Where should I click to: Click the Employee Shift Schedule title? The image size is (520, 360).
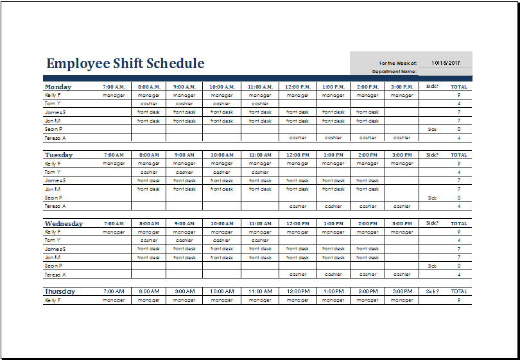coord(125,64)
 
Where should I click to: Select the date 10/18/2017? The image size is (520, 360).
coord(446,63)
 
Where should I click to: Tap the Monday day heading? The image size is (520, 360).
coord(58,87)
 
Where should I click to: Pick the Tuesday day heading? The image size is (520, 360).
coord(58,155)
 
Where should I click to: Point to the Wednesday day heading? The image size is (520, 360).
coord(64,223)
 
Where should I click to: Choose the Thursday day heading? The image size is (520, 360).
coord(60,291)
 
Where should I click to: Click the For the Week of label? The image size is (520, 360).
coord(398,64)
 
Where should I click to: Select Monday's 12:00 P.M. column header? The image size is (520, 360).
coord(297,87)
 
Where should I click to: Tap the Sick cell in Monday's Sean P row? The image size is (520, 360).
coord(432,129)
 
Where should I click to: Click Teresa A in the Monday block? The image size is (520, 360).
coord(55,138)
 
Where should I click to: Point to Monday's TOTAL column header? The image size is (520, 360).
coord(458,87)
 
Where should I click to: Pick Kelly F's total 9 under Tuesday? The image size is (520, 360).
coord(458,164)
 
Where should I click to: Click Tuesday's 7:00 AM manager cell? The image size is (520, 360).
coord(114,164)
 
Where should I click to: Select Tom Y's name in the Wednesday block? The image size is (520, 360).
coord(53,240)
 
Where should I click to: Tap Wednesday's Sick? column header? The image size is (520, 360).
coord(432,223)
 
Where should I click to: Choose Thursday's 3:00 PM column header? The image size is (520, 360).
coord(402,291)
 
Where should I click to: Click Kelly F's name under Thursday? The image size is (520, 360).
coord(53,300)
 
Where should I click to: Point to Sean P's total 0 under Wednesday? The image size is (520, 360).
coord(458,266)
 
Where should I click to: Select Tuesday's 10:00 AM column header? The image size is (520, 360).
coord(221,155)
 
